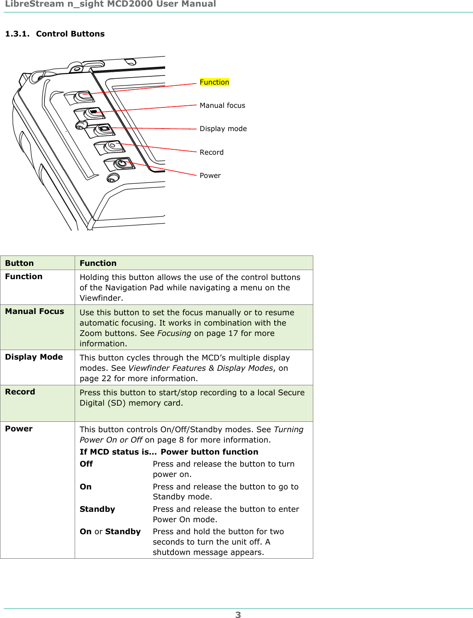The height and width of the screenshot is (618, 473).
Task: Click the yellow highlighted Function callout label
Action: click(x=214, y=82)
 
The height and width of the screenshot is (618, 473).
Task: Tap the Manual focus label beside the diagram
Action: click(x=222, y=105)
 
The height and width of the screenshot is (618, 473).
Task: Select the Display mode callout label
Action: click(x=223, y=129)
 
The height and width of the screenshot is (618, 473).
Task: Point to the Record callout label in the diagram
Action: click(x=211, y=152)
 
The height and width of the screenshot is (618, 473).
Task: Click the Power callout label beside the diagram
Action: click(x=210, y=175)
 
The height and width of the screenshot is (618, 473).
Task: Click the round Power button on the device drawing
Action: click(x=122, y=163)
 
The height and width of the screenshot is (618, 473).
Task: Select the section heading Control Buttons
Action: click(x=70, y=34)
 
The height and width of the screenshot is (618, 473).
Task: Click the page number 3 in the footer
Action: click(x=238, y=615)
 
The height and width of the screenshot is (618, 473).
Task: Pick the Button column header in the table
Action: click(x=20, y=263)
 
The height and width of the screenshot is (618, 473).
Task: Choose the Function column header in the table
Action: click(x=98, y=263)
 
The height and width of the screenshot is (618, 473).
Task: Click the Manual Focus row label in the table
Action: click(x=34, y=311)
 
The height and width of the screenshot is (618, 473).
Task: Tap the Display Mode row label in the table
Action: click(x=34, y=357)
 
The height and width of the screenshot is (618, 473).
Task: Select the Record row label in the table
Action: click(x=20, y=392)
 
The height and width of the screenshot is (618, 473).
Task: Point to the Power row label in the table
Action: click(x=19, y=429)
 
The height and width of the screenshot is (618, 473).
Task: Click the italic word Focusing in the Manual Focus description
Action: click(x=174, y=333)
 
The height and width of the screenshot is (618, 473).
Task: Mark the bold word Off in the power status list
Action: click(x=86, y=464)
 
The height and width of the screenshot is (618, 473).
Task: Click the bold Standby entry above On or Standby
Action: click(x=97, y=509)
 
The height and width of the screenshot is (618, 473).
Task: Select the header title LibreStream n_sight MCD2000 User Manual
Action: click(x=110, y=4)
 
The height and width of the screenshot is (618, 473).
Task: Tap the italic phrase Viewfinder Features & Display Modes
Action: click(x=200, y=368)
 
